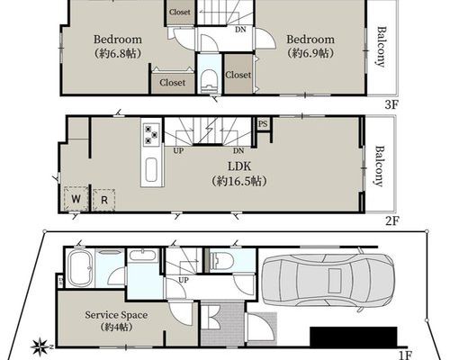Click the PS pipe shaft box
click(x=263, y=123)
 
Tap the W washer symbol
click(x=76, y=199)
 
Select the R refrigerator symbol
click(x=103, y=200)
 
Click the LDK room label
click(x=239, y=166)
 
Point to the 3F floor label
click(x=391, y=104)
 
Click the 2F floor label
click(x=392, y=221)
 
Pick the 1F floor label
click(x=405, y=355)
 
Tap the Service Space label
click(x=116, y=315)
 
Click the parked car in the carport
click(x=328, y=281)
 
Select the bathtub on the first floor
click(x=79, y=268)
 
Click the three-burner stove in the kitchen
click(x=151, y=135)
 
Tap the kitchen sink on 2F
click(x=151, y=170)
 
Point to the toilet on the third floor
click(x=210, y=81)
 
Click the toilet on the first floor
click(x=222, y=261)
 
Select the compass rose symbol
click(x=40, y=346)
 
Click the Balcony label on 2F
click(x=380, y=166)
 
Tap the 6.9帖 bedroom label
click(x=310, y=54)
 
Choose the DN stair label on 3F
click(x=240, y=30)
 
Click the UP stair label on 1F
click(x=184, y=280)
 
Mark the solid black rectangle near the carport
click(x=354, y=337)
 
